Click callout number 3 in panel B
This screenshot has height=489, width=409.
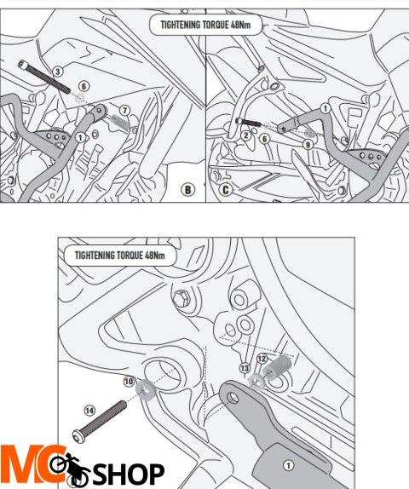coord(58,72)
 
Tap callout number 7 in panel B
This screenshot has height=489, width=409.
coord(124,111)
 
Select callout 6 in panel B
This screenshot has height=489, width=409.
coord(84,86)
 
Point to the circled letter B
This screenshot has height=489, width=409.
coord(187,190)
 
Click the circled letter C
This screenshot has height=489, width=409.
coord(225,190)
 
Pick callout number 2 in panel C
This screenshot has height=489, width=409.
coord(246,135)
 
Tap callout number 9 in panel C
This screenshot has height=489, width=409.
coord(308,144)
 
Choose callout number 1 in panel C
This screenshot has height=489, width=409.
coord(325,108)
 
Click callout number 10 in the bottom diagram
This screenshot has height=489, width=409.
coord(129,382)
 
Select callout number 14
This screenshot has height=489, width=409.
coord(89,411)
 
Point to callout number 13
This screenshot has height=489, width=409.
coord(245,368)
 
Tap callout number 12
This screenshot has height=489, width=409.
coord(262,359)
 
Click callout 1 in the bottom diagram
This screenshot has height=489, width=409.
coord(288,466)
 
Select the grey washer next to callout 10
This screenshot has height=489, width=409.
coord(146,390)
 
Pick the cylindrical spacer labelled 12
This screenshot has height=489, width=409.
coord(277,367)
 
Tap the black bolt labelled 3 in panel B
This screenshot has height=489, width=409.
coord(44,77)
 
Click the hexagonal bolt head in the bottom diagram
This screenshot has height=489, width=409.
coord(181,298)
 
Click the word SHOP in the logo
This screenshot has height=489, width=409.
coord(129,475)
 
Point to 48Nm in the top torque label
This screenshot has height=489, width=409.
coord(240,25)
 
